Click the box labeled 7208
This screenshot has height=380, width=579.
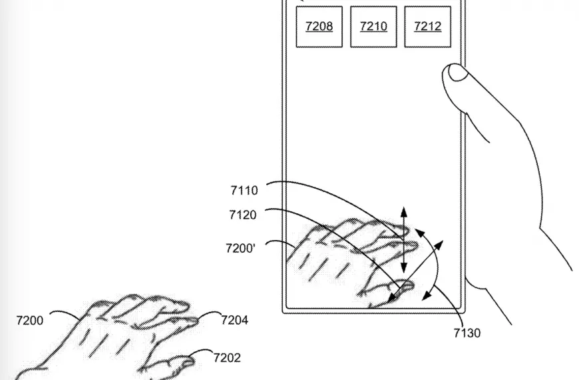(319, 27)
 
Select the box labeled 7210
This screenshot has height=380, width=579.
(373, 27)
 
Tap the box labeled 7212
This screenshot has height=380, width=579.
(428, 27)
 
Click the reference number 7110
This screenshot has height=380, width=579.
(244, 191)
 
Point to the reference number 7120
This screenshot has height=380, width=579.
(243, 215)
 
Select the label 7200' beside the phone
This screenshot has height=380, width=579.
(240, 248)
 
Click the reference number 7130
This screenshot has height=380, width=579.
(467, 333)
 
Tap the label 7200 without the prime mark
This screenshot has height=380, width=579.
(30, 320)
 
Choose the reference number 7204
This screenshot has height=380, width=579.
(234, 320)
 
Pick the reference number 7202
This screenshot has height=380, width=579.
(227, 358)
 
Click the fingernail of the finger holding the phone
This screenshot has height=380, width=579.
(457, 72)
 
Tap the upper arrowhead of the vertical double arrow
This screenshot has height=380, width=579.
(403, 212)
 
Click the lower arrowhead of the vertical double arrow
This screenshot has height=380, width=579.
(404, 267)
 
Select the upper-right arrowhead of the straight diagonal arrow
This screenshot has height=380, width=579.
(439, 245)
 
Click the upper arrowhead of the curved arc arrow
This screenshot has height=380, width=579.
(419, 233)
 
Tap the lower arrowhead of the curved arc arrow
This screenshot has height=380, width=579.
(427, 295)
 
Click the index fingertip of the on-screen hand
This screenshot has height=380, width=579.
(413, 245)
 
